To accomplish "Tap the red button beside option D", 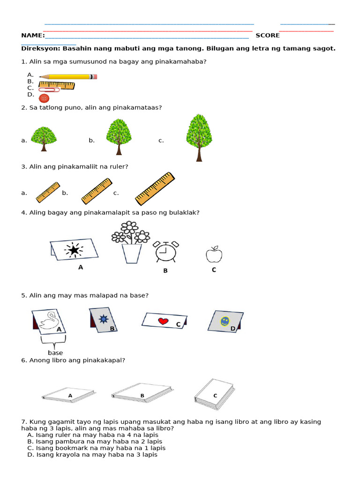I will [44, 98].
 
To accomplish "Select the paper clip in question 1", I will [49, 90].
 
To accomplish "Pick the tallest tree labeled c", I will [199, 137].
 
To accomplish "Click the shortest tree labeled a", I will [44, 138].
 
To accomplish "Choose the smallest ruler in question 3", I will [48, 193].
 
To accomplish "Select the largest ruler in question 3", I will [155, 189].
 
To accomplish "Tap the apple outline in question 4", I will [214, 255].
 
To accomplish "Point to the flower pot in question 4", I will [131, 253].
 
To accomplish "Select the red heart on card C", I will [163, 321].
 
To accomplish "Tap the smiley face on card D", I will [225, 321].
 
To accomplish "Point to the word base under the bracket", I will [55, 352].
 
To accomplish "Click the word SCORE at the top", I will [267, 36].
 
